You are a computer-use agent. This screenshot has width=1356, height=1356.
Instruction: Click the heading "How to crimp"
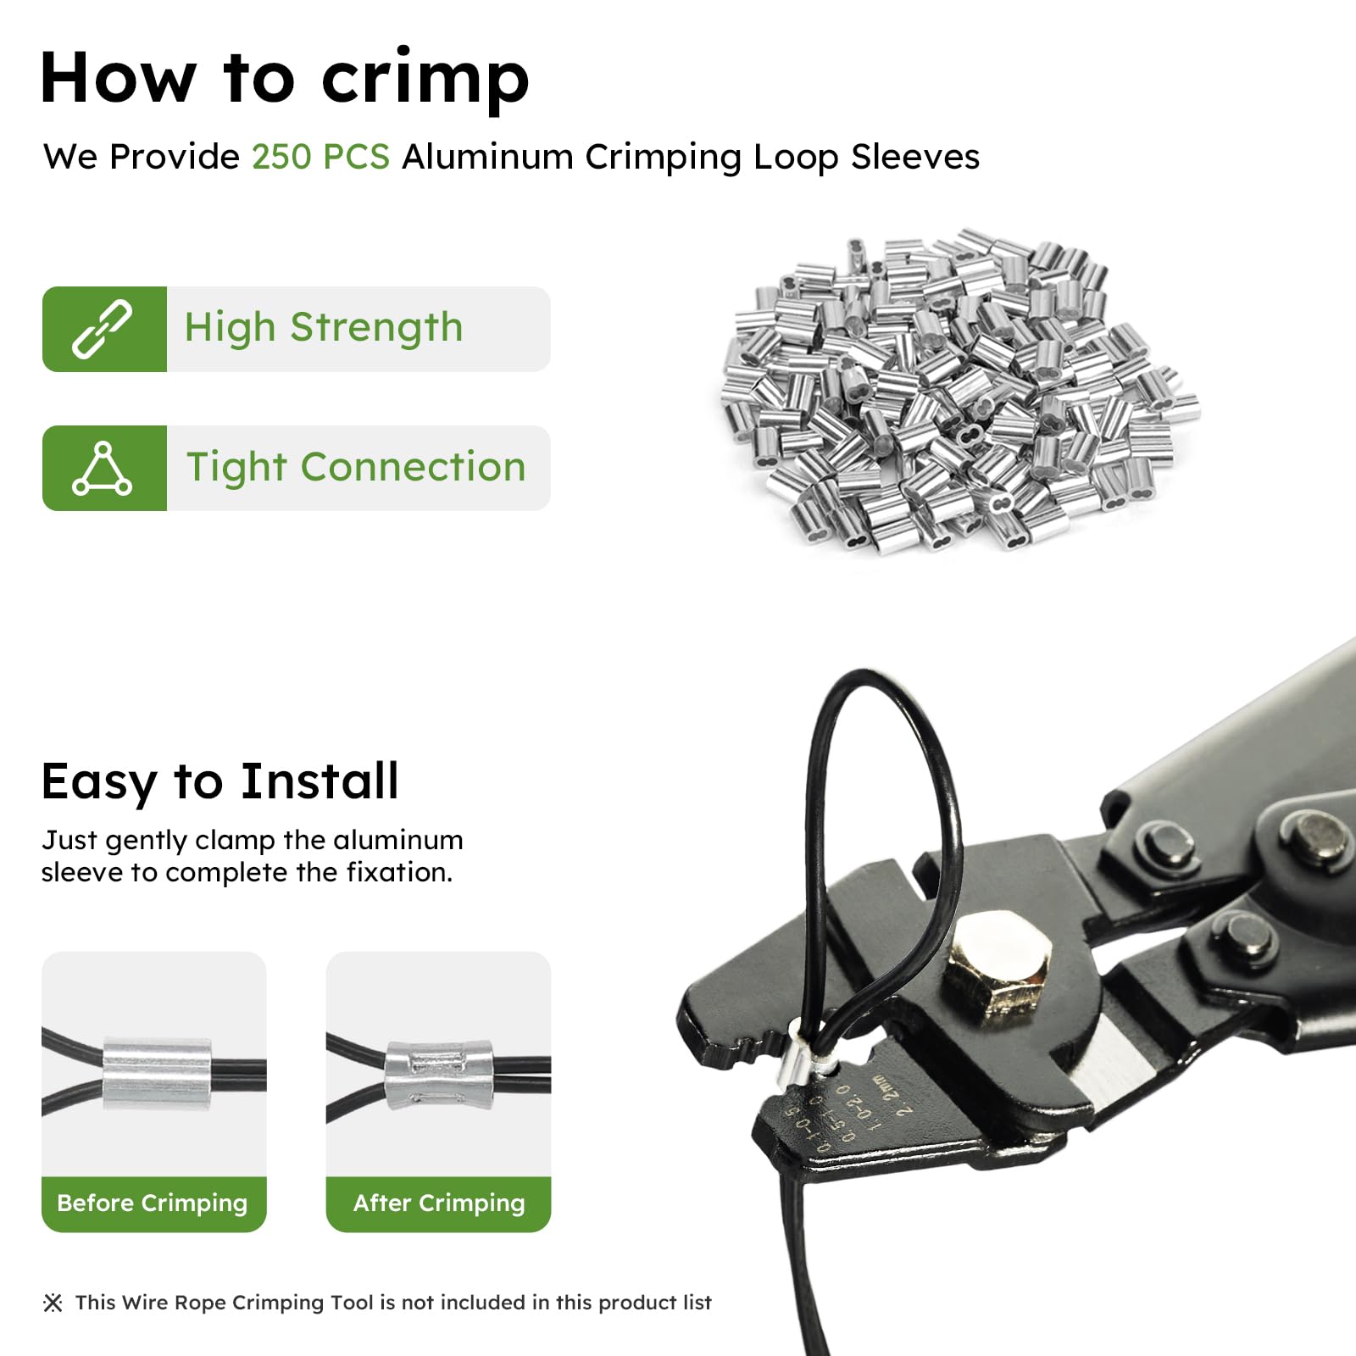tap(285, 78)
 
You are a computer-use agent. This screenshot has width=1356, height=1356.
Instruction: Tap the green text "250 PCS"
tap(320, 157)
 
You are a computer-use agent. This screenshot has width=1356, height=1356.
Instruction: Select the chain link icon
tap(103, 329)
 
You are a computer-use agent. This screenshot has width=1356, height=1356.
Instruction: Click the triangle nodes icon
tap(103, 468)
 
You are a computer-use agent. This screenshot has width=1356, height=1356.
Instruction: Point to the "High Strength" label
tap(324, 328)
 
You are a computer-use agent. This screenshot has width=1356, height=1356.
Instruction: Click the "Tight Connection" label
tap(356, 468)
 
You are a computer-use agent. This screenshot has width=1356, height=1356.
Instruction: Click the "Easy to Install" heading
tap(220, 781)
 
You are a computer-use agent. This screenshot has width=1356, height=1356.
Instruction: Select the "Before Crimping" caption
tap(153, 1203)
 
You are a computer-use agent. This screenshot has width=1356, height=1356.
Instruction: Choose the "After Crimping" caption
tap(439, 1203)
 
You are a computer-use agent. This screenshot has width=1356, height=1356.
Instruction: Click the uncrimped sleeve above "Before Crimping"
tap(158, 1072)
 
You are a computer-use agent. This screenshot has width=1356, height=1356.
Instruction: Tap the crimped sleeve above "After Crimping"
tap(439, 1074)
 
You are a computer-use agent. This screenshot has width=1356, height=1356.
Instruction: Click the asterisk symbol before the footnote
tap(53, 1303)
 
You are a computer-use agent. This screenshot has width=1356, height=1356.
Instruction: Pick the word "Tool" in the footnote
tap(351, 1303)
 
